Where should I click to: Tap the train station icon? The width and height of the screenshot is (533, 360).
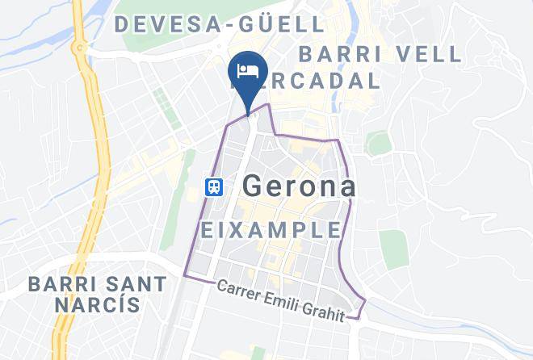(214, 186)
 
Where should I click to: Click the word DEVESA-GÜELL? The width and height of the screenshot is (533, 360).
(219, 24)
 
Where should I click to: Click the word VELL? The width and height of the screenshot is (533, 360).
(427, 54)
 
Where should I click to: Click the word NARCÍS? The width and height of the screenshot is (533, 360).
(97, 306)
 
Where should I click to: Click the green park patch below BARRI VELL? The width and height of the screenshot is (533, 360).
(378, 144)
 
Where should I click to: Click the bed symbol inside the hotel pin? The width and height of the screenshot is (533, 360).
(247, 71)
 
